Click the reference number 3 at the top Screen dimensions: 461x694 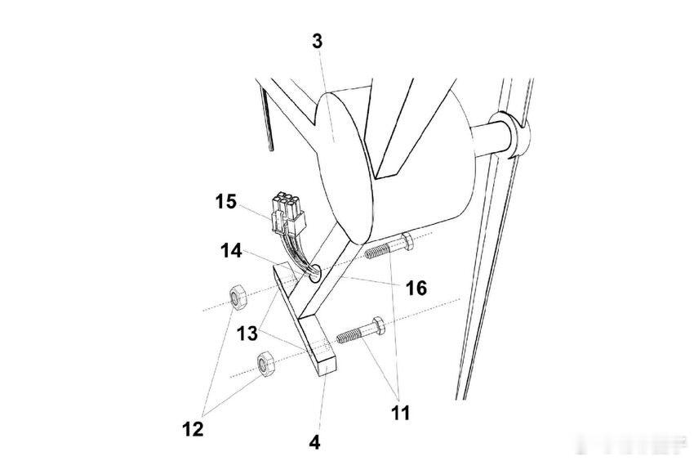click(318, 41)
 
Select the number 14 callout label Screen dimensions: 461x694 click(231, 251)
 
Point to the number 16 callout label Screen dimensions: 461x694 click(416, 288)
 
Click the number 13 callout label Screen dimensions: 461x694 click(247, 333)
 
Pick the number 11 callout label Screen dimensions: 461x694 click(398, 413)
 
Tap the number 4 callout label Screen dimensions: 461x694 click(315, 442)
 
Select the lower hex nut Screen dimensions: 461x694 click(265, 363)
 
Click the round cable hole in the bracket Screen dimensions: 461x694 click(314, 276)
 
